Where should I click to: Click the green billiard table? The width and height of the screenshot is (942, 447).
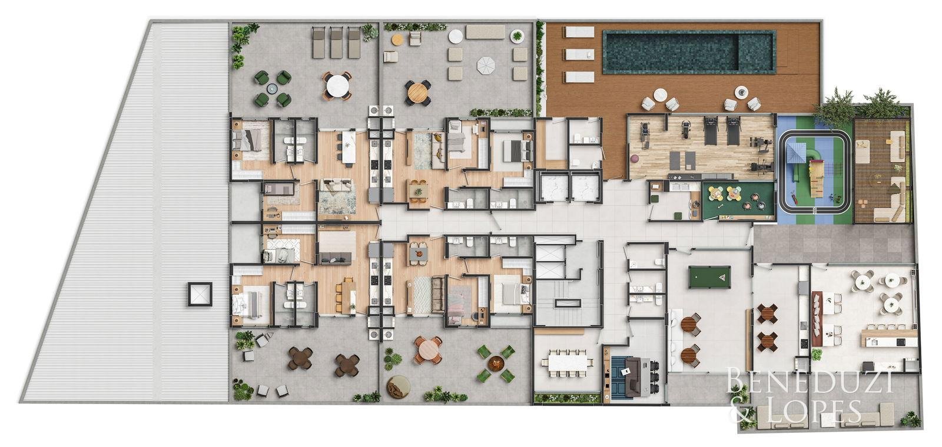(709, 277)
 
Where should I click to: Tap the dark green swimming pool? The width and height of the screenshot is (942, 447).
(689, 51)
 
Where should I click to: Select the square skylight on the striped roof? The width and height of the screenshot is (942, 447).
(200, 294)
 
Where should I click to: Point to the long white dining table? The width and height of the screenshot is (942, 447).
(568, 362)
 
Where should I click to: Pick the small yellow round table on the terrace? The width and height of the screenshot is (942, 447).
(397, 40)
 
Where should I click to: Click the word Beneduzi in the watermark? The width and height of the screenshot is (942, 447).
(810, 382)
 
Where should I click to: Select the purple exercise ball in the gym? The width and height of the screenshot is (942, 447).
(635, 158)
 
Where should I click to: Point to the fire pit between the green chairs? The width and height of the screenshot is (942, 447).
(496, 362)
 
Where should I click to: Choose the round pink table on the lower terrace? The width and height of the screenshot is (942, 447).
(428, 349)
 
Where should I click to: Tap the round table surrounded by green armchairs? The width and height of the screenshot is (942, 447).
(273, 88)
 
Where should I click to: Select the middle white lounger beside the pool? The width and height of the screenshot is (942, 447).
(579, 54)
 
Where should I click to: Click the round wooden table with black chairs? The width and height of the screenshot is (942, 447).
(417, 93)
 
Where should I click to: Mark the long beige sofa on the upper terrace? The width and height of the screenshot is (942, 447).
(485, 32)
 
